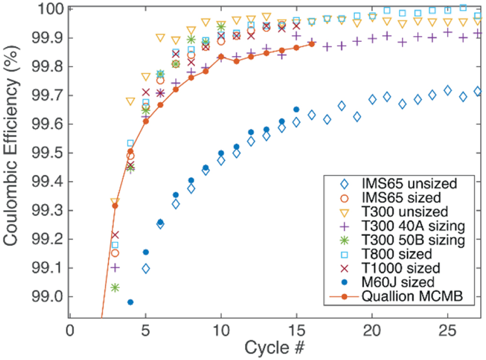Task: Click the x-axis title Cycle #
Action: point(274,349)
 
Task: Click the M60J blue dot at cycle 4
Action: point(130,302)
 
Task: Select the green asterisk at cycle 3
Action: point(115,287)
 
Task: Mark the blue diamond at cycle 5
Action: point(145,268)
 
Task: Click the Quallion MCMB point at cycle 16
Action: point(312,44)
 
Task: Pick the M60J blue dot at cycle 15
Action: point(296,110)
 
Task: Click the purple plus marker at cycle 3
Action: point(115,267)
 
